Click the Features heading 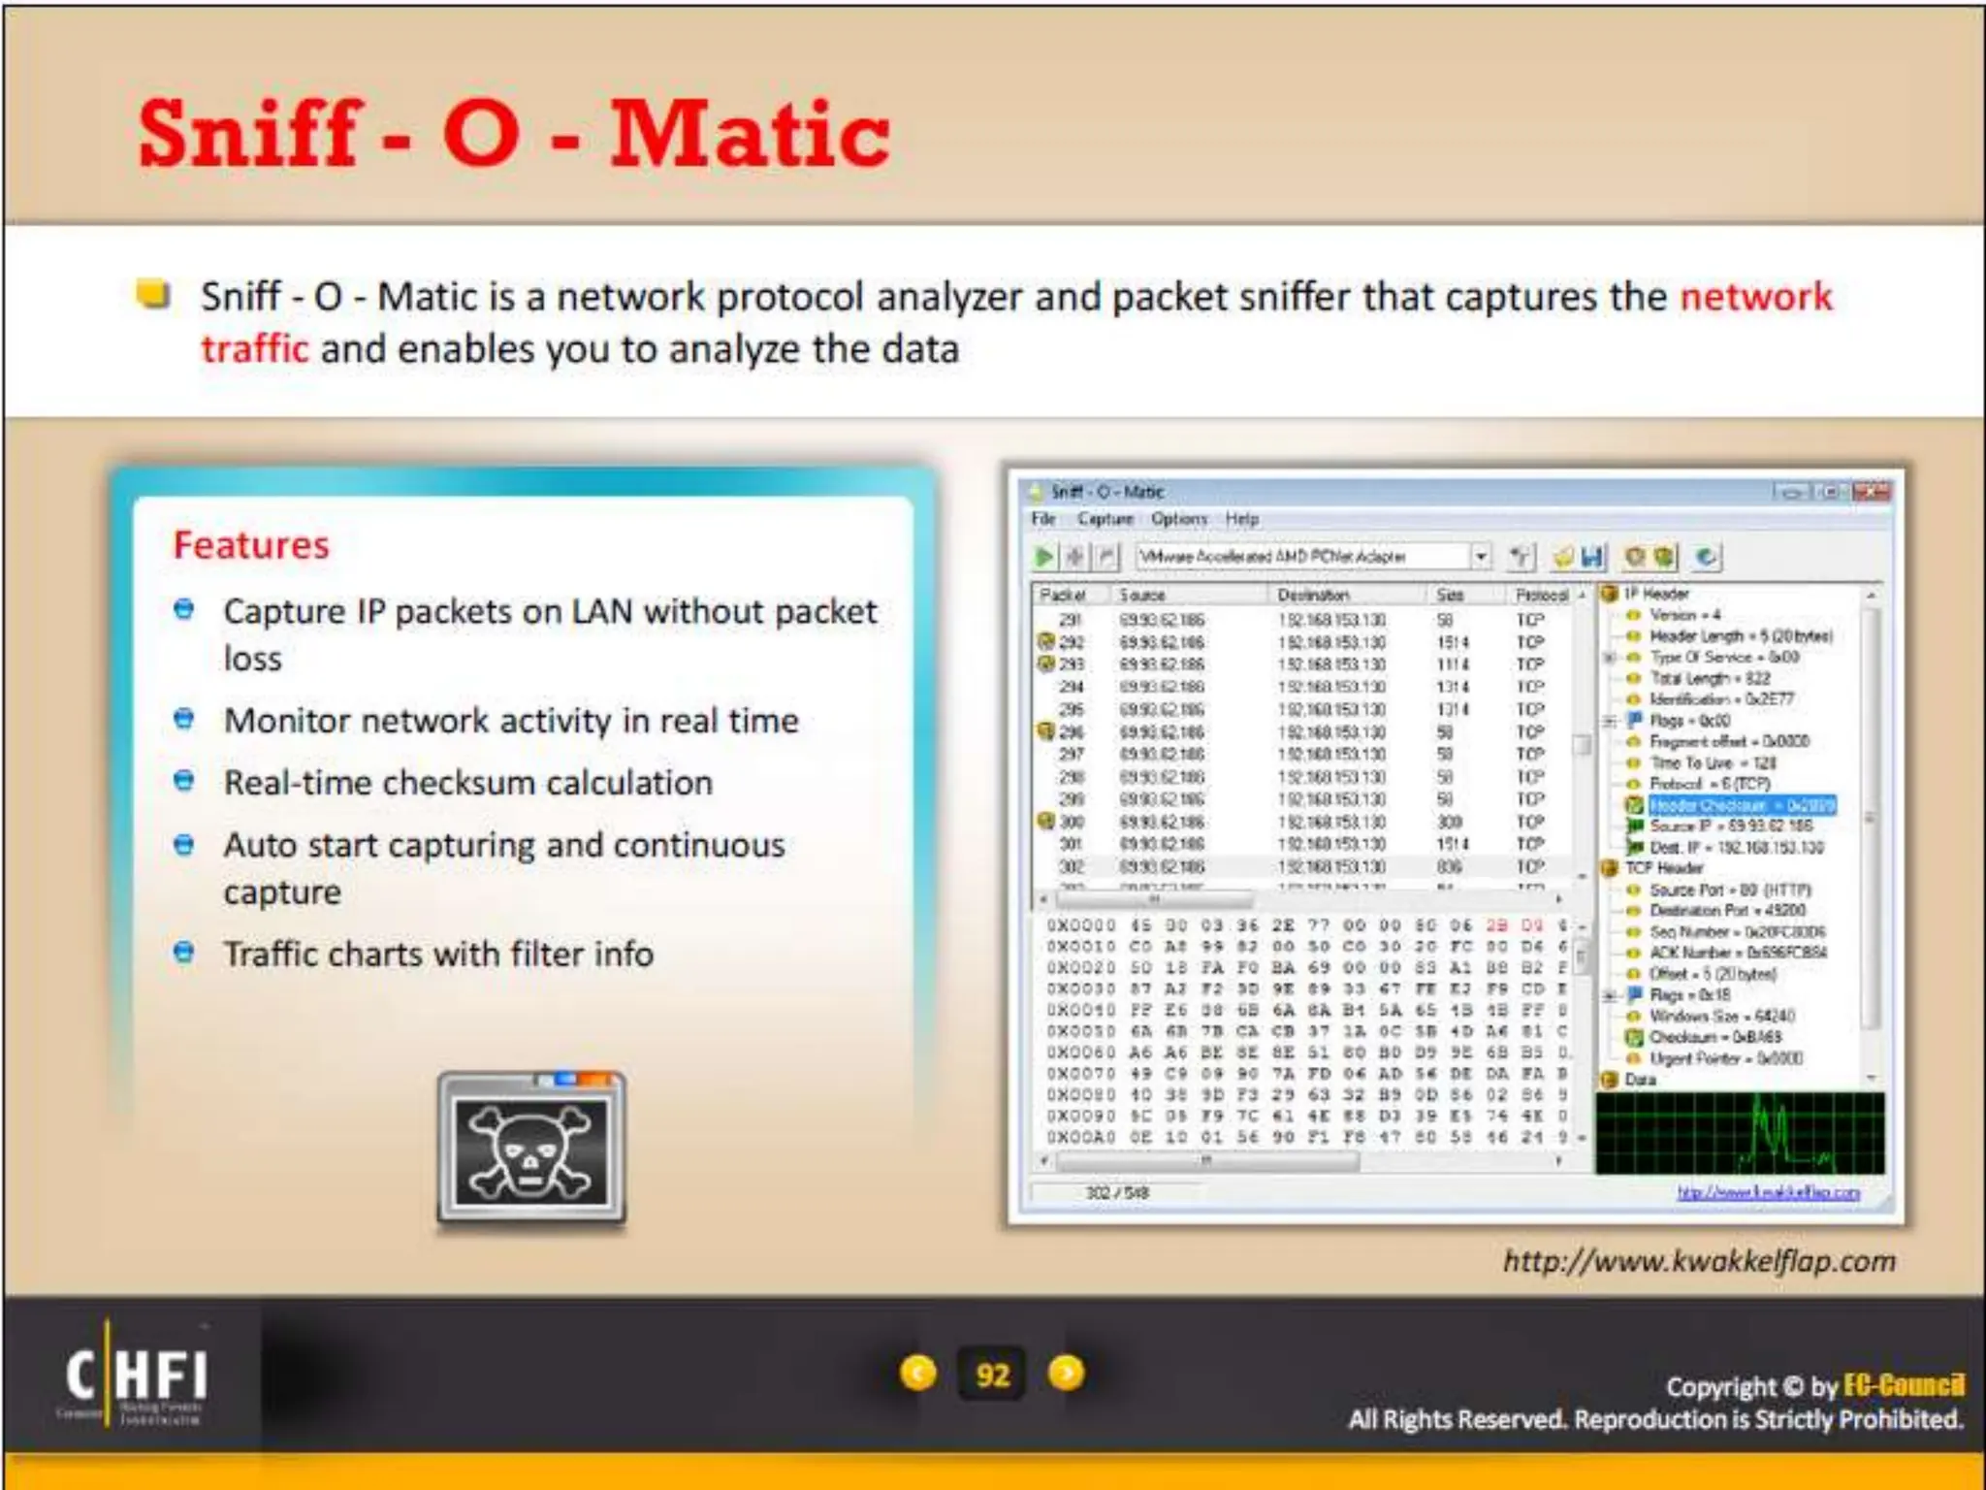coord(251,545)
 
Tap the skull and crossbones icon coord(530,1150)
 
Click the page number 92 coord(992,1375)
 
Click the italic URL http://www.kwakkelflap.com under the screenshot coord(1698,1261)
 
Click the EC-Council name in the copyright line coord(1903,1385)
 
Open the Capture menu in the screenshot coord(1105,519)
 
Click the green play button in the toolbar coord(1044,557)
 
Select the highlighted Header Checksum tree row coord(1741,805)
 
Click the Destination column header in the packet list coord(1312,595)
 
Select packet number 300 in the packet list coord(1072,822)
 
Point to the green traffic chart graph coord(1740,1133)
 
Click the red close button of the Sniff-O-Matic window coord(1871,492)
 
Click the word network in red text coord(1755,297)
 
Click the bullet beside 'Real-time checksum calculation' coord(183,781)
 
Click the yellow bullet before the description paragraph coord(153,293)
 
